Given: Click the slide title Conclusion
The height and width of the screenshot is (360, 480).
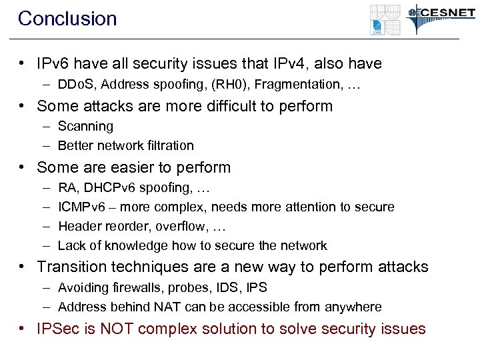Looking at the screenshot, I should point(67,19).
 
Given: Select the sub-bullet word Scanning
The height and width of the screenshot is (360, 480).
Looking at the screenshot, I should point(85,126).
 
